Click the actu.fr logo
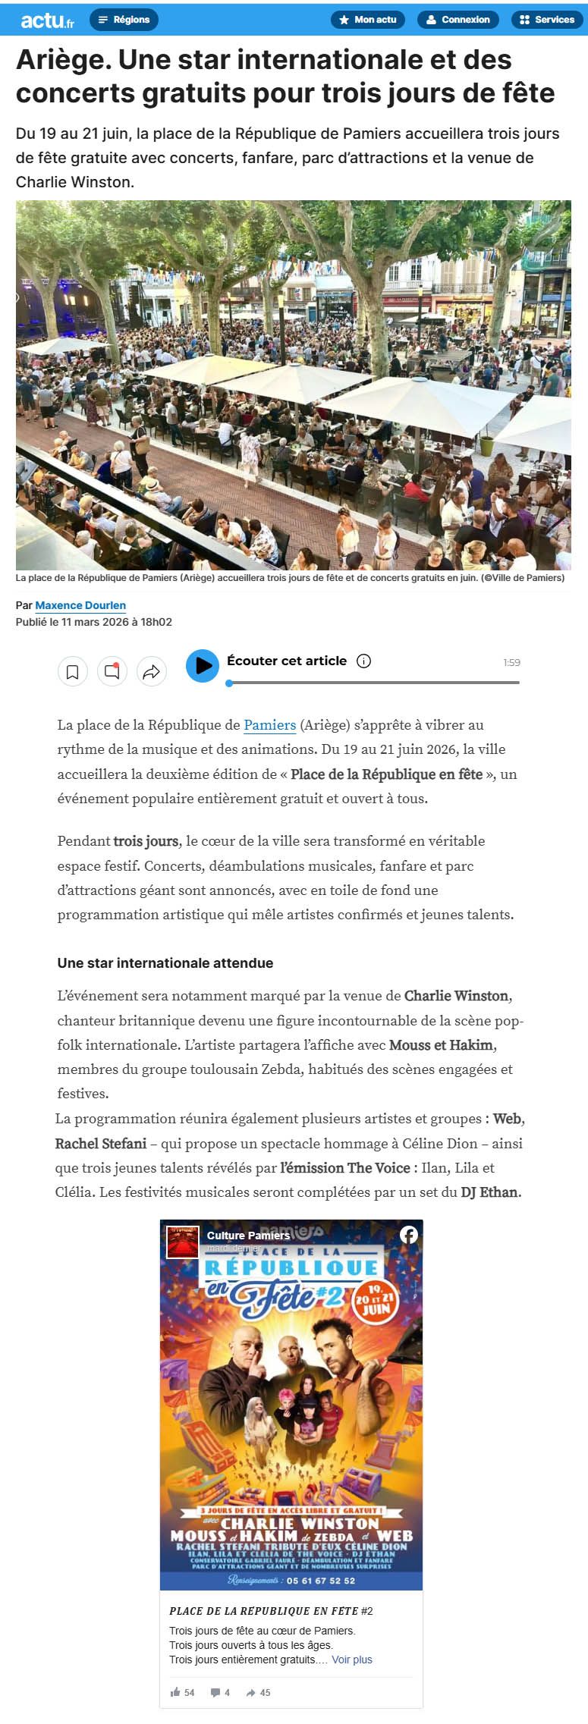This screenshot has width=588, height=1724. point(47,20)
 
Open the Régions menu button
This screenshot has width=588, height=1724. point(124,20)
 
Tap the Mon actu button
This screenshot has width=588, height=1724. point(368,20)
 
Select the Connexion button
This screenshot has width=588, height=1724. point(458,20)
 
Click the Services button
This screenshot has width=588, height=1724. point(546,20)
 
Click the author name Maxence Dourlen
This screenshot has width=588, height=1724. point(80,605)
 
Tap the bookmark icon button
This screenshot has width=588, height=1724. point(73,671)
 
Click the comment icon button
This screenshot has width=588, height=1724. point(112,671)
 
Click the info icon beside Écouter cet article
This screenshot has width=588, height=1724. point(363,661)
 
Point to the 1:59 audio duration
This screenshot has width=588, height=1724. point(511,662)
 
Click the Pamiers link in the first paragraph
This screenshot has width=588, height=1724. point(269,725)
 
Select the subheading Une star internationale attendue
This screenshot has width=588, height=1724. point(165,963)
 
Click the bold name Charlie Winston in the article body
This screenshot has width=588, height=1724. point(456,996)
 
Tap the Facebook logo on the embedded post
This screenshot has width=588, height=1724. point(409,1235)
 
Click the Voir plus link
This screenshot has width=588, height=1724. point(352,1660)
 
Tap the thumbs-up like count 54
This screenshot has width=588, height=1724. point(183,1692)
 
